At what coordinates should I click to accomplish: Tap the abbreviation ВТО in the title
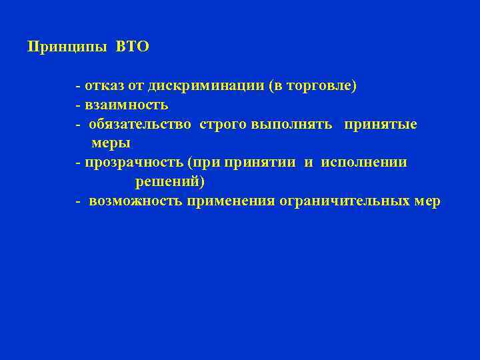click(x=133, y=47)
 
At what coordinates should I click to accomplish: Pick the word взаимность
click(x=126, y=105)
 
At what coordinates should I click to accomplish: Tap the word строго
click(x=223, y=125)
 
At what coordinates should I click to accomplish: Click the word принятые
click(x=381, y=125)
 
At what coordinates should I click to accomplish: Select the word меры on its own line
click(x=111, y=143)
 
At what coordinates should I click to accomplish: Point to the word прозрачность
click(x=133, y=163)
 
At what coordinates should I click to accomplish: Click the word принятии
click(x=261, y=163)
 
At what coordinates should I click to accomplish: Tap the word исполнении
click(x=364, y=163)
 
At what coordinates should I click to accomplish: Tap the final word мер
click(x=427, y=201)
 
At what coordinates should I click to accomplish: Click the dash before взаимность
click(x=78, y=105)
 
